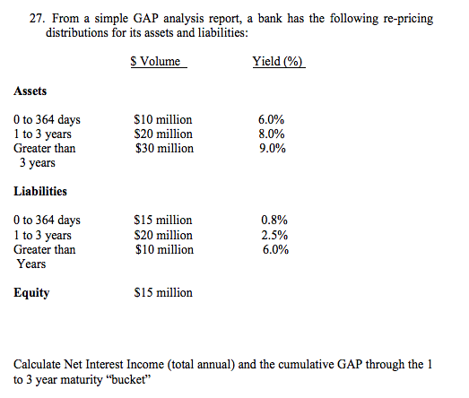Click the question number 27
33,19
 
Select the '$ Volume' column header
155,62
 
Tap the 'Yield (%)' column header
279,62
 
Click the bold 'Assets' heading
30,91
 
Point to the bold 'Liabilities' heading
40,191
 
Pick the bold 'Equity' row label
31,293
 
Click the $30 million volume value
162,149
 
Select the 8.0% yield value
272,134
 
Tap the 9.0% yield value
272,149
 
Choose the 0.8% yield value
274,220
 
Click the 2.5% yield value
274,235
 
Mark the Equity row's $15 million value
162,293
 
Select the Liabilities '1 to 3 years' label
45,235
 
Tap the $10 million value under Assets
162,120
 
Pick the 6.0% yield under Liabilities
274,249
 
